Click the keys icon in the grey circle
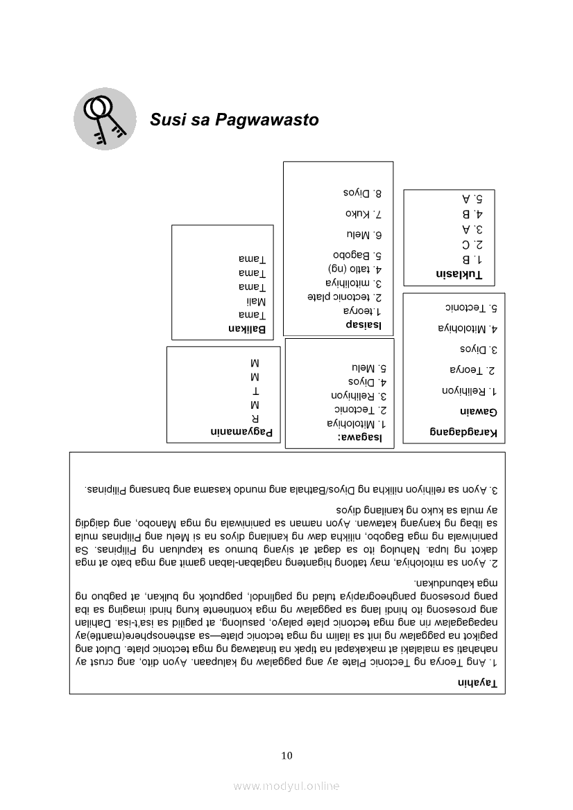[x=105, y=118]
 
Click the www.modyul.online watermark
[x=286, y=786]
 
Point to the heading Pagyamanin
[x=241, y=432]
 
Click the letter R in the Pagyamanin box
[x=255, y=418]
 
